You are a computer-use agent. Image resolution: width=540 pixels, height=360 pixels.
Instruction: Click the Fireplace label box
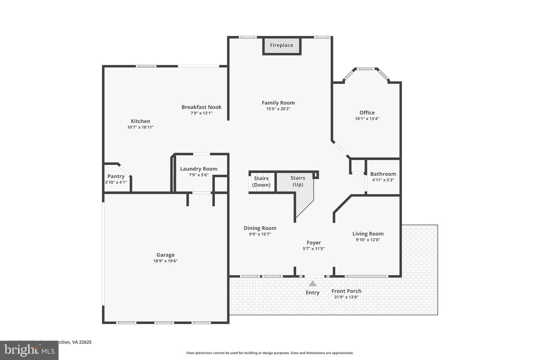(x=282, y=45)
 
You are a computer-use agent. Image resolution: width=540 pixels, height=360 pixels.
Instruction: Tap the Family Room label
(x=278, y=103)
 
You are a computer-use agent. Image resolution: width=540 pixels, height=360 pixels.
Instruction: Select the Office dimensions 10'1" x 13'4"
(x=367, y=119)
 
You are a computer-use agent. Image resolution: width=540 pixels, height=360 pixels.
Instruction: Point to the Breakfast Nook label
(x=201, y=107)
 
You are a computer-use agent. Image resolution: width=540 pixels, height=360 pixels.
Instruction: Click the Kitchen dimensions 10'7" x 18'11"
(x=140, y=127)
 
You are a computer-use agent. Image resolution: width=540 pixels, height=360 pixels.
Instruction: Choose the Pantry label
(x=116, y=176)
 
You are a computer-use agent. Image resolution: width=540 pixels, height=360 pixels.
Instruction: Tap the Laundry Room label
(x=198, y=169)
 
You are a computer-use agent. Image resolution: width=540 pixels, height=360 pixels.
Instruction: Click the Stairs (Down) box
(x=261, y=181)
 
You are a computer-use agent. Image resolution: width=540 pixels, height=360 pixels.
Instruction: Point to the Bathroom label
(x=383, y=174)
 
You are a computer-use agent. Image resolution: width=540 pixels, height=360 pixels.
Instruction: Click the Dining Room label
(x=260, y=228)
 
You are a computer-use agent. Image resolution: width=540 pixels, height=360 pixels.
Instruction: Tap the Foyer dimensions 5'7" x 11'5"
(x=313, y=249)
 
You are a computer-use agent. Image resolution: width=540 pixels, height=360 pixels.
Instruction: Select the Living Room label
(x=368, y=234)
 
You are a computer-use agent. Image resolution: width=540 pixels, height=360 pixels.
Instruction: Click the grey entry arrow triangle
(x=312, y=283)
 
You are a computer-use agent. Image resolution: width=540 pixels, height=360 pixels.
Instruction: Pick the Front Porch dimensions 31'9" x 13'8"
(x=346, y=297)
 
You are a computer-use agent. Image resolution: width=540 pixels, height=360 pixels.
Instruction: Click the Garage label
(x=165, y=255)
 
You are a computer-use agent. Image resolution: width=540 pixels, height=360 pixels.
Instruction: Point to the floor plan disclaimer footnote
(x=270, y=353)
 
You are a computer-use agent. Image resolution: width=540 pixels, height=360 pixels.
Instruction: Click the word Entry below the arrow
(x=312, y=292)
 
